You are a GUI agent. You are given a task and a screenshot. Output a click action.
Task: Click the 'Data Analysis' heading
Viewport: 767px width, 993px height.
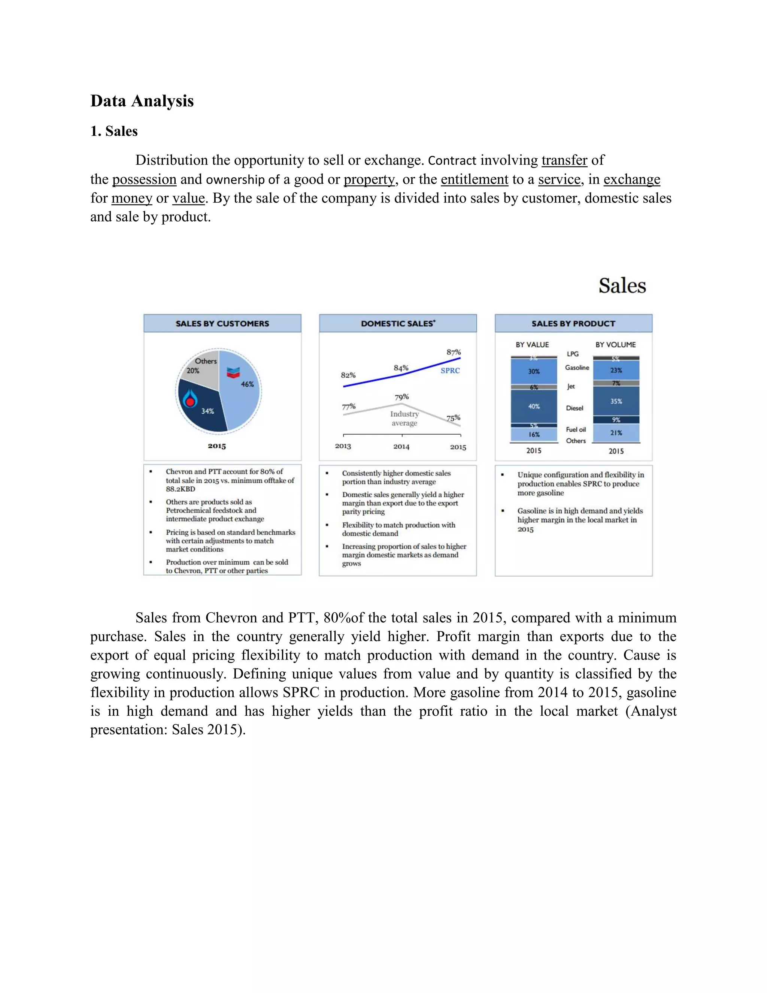click(x=142, y=101)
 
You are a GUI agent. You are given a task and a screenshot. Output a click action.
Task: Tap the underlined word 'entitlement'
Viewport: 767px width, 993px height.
click(x=475, y=179)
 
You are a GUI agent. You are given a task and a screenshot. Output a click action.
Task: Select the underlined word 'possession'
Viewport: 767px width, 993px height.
click(x=144, y=179)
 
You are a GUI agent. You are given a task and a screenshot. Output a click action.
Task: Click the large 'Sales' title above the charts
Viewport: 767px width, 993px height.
click(x=622, y=286)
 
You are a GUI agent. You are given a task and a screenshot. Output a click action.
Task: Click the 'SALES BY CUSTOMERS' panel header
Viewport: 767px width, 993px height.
click(x=222, y=323)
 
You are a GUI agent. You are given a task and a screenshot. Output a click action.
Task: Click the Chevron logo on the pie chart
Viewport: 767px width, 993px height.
click(x=233, y=372)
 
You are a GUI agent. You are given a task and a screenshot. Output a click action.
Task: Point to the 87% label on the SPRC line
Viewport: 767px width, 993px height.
click(x=454, y=352)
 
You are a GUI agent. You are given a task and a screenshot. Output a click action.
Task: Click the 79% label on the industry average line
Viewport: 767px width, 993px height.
click(x=402, y=397)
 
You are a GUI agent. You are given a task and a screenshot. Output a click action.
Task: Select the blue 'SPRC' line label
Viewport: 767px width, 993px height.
click(x=450, y=371)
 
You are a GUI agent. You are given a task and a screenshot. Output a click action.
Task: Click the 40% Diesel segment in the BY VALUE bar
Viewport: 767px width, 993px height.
click(x=534, y=407)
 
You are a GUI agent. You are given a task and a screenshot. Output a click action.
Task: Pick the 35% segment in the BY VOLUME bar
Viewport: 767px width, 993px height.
click(x=616, y=401)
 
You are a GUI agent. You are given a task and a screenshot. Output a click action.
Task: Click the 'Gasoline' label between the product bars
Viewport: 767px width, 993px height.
click(x=577, y=367)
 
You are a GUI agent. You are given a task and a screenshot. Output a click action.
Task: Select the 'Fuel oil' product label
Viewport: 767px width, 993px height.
click(x=576, y=429)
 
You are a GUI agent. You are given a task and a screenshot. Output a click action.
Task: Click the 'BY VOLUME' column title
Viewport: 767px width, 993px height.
click(x=615, y=345)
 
